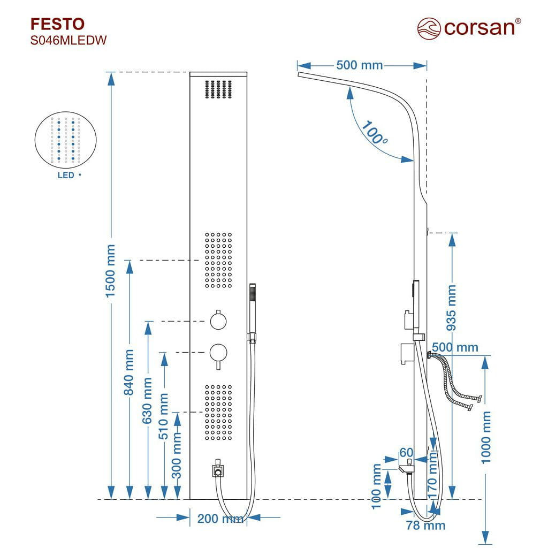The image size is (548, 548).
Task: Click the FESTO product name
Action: tap(57, 24)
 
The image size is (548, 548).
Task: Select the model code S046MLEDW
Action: tap(68, 41)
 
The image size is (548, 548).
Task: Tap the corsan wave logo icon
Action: tap(429, 29)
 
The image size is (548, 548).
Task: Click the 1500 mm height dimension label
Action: tap(110, 271)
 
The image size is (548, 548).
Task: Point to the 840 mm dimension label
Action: tap(128, 372)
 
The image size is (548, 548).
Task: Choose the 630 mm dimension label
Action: tap(147, 400)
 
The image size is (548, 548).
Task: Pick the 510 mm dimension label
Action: tap(163, 416)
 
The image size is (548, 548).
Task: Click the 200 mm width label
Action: tap(220, 519)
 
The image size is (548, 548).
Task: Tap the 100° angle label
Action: tap(374, 133)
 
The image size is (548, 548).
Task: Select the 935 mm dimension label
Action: tap(452, 308)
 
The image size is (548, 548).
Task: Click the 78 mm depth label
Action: tap(425, 526)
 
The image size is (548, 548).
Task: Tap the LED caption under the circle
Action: tap(66, 175)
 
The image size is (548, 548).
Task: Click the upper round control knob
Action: tap(218, 321)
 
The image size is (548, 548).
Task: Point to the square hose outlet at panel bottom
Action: tap(218, 471)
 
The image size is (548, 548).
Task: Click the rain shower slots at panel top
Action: tap(218, 89)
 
